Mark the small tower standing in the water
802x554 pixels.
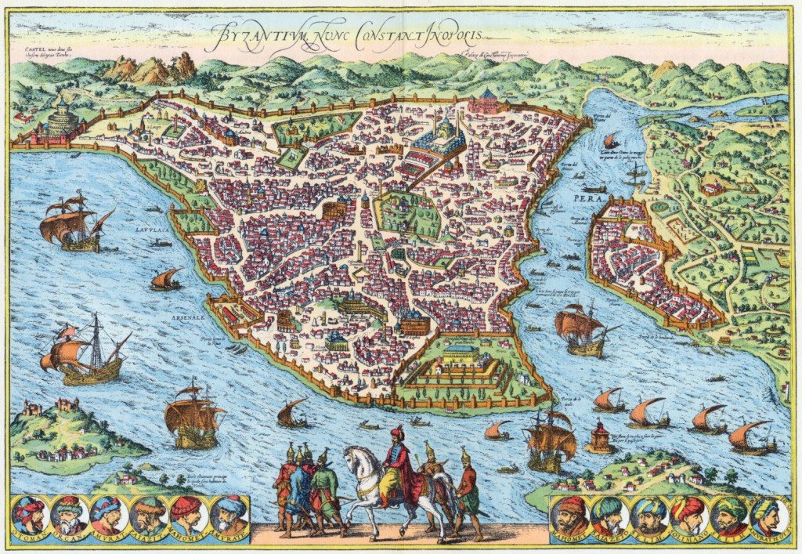tap(600, 437)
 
